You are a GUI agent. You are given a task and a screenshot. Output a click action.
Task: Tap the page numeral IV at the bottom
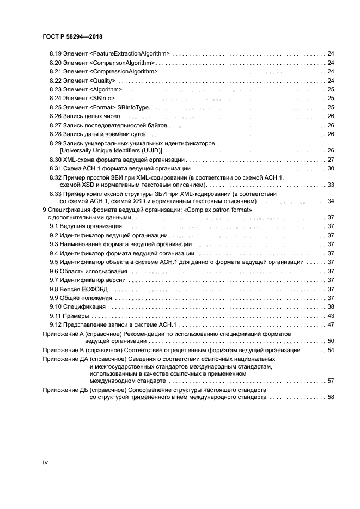45,462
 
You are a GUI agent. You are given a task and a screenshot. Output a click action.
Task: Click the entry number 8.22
55,81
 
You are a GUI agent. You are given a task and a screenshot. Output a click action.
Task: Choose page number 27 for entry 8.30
331,160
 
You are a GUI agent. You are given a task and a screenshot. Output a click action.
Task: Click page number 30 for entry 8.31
331,169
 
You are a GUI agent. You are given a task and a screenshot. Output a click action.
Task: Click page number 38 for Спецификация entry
331,307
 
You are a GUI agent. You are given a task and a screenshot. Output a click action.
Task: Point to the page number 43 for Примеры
331,316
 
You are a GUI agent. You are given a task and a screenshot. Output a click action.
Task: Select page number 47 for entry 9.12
331,324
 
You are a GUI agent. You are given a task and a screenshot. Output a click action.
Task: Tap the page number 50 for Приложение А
331,341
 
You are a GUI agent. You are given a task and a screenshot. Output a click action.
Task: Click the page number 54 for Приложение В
331,350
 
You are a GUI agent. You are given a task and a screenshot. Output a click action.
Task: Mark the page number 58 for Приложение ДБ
331,398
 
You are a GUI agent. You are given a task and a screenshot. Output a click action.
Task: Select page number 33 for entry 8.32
331,185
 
